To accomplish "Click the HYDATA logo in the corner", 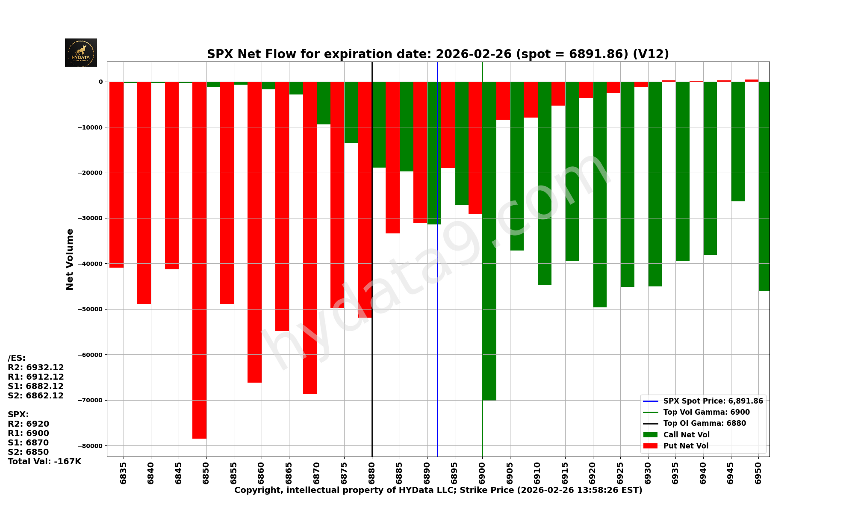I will click(x=81, y=53).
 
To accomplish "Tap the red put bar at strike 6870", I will click(x=310, y=238).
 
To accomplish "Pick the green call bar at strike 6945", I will click(x=738, y=142).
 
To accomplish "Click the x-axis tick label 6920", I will click(x=593, y=473).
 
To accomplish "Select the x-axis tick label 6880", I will click(x=372, y=473).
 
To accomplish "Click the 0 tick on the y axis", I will click(x=101, y=82).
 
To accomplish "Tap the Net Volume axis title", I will click(x=70, y=259).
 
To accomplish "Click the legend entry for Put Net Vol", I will click(x=686, y=446).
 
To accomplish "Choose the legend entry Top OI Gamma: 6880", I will click(x=704, y=424).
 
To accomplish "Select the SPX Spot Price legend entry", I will click(x=713, y=401).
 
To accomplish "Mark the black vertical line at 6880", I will click(x=372, y=385).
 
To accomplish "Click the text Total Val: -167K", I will click(x=44, y=462).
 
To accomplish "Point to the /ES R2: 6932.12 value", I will click(x=36, y=368).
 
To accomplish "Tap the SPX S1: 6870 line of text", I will click(x=28, y=443).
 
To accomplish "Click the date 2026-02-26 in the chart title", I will click(x=473, y=54).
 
